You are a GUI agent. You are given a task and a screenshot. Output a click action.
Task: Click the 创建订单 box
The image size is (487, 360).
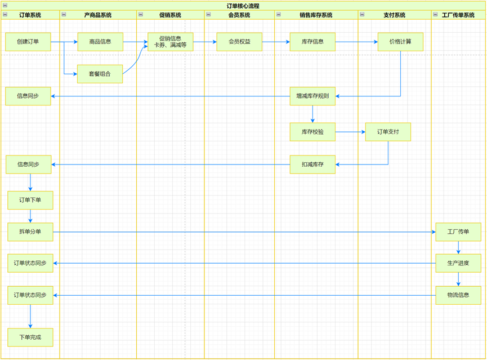pos(28,42)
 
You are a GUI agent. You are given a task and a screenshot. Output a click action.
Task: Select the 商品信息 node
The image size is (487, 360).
pos(100,42)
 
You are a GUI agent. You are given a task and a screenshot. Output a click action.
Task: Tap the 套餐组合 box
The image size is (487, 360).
pos(100,74)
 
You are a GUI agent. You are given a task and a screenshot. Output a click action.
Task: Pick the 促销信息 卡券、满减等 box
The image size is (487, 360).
pos(170,42)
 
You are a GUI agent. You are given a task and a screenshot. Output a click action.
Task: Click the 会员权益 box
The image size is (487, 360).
pos(239,42)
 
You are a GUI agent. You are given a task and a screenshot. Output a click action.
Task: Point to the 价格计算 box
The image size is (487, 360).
pos(400,42)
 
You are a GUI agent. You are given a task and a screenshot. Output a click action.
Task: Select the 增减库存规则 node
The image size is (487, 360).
pos(312,96)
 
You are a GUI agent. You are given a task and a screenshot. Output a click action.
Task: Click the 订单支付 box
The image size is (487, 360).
pos(388,132)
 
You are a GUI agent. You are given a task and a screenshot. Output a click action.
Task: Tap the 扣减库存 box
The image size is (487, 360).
pos(312,165)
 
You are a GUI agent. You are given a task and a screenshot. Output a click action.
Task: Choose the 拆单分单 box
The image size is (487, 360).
pos(30,232)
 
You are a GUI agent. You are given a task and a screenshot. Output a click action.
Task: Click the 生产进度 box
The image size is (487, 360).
pos(458,263)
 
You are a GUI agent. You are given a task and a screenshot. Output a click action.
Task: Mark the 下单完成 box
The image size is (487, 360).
pos(30,337)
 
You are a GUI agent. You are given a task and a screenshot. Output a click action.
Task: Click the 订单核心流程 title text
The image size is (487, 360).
pos(243,6)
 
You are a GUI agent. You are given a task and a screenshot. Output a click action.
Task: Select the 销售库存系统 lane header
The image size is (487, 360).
pos(316,15)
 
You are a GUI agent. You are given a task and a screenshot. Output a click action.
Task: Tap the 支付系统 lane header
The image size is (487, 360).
pos(394,15)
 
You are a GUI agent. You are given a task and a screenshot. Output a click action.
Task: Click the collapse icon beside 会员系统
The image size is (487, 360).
pos(208,15)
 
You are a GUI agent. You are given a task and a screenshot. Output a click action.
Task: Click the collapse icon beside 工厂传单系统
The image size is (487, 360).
pos(435,15)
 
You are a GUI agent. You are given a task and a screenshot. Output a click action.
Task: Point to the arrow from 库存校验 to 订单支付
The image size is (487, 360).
pos(350,132)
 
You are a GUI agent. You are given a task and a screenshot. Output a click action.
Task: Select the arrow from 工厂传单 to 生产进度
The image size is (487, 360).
pos(458,248)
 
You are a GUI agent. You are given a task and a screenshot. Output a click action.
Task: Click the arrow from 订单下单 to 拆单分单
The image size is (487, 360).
pos(30,216)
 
